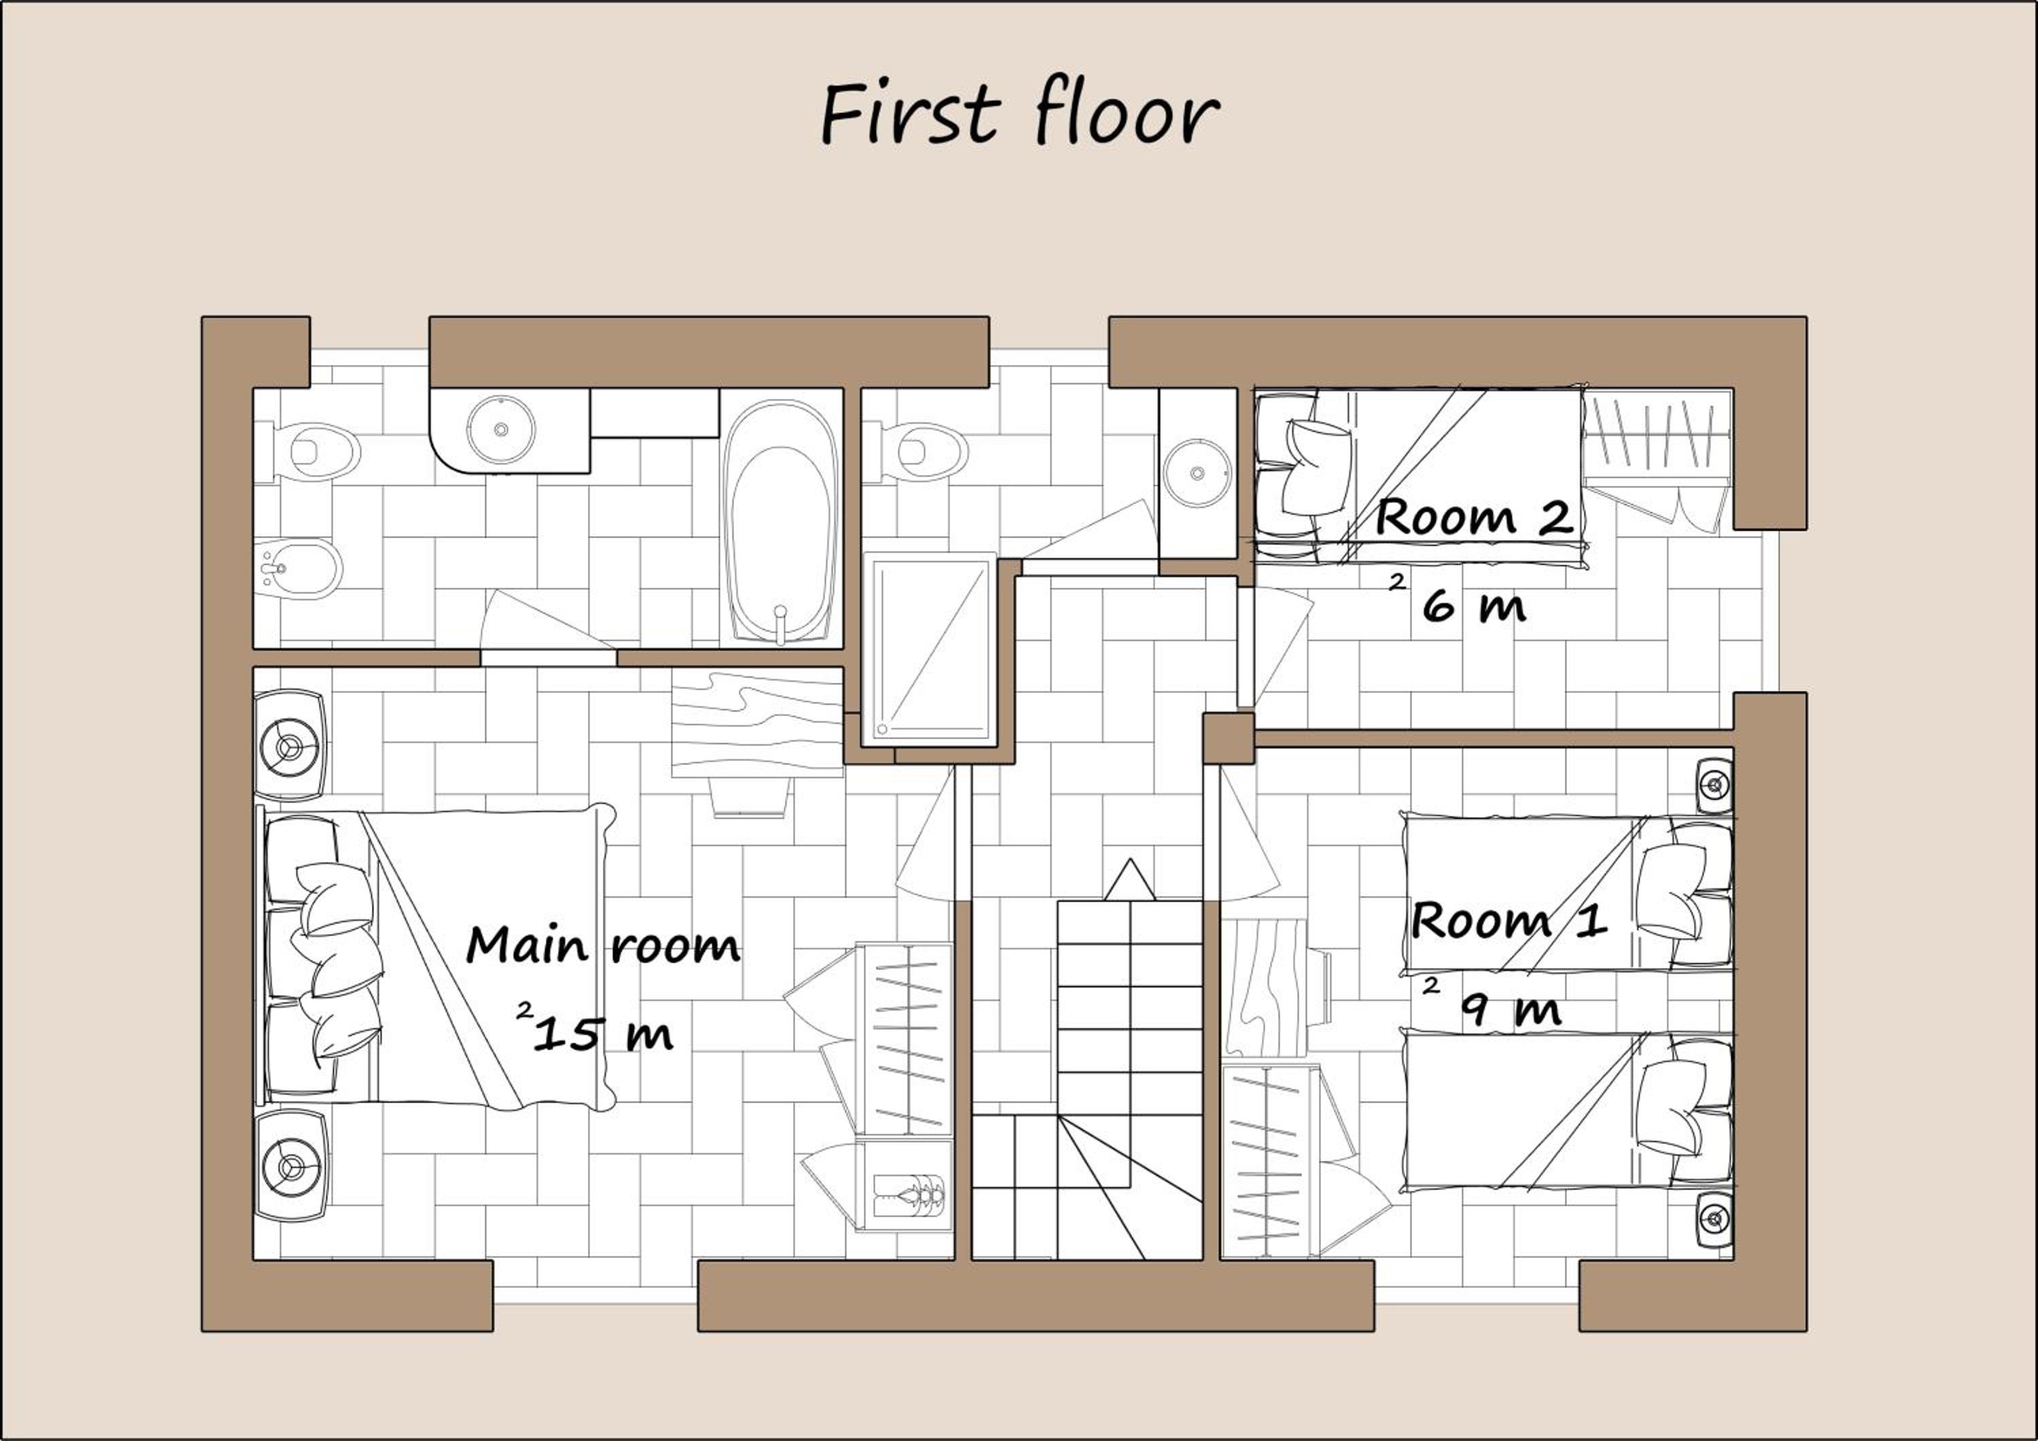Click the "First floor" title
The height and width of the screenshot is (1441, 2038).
tap(1021, 115)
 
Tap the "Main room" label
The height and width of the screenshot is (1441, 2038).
tap(603, 945)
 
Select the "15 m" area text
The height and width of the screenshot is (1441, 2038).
tap(603, 1034)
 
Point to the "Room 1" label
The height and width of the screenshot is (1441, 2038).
tap(1509, 920)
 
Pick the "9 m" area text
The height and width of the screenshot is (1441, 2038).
tap(1511, 1009)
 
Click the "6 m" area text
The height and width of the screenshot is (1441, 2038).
tap(1473, 606)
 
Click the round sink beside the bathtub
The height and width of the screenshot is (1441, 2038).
tap(501, 429)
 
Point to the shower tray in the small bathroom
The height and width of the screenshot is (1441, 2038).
tap(930, 646)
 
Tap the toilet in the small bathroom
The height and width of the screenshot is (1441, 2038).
tap(916, 452)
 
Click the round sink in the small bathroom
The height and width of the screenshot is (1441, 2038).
tap(1198, 473)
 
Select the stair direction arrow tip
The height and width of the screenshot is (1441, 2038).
tap(1130, 859)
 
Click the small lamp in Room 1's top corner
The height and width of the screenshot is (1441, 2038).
tap(1715, 785)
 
